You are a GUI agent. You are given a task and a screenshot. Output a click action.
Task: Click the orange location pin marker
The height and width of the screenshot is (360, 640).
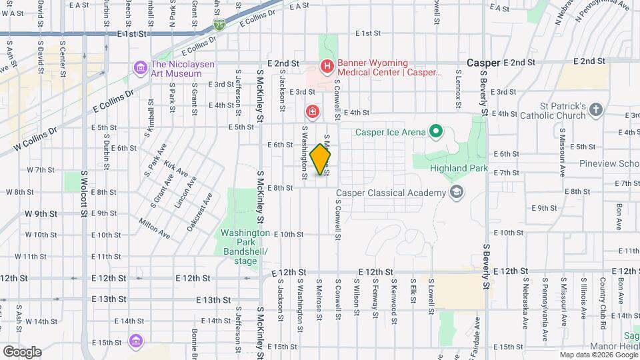tap(321, 159)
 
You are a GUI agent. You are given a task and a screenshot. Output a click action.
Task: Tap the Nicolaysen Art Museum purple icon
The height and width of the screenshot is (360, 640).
tap(140, 67)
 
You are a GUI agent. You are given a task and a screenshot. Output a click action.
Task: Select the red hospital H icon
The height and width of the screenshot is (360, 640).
tap(327, 66)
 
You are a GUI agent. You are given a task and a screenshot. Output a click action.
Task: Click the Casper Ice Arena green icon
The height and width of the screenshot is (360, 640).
tap(436, 131)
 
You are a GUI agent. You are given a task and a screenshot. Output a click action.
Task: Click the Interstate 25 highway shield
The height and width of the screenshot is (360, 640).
tap(219, 25)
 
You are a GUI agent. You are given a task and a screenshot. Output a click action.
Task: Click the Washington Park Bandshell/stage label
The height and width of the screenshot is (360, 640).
tap(245, 247)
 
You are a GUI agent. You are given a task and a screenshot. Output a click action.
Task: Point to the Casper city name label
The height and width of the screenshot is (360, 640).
tap(483, 62)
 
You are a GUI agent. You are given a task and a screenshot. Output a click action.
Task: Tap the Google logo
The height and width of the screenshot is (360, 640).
tap(21, 351)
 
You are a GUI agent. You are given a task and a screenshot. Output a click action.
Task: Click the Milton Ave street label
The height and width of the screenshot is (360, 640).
tap(154, 227)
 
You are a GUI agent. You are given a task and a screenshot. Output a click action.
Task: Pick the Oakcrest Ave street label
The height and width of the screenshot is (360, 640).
tap(200, 212)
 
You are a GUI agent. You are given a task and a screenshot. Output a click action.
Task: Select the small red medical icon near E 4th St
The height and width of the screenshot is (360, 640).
tap(311, 111)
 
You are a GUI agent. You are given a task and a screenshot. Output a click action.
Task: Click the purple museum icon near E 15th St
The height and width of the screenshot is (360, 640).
tap(136, 341)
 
